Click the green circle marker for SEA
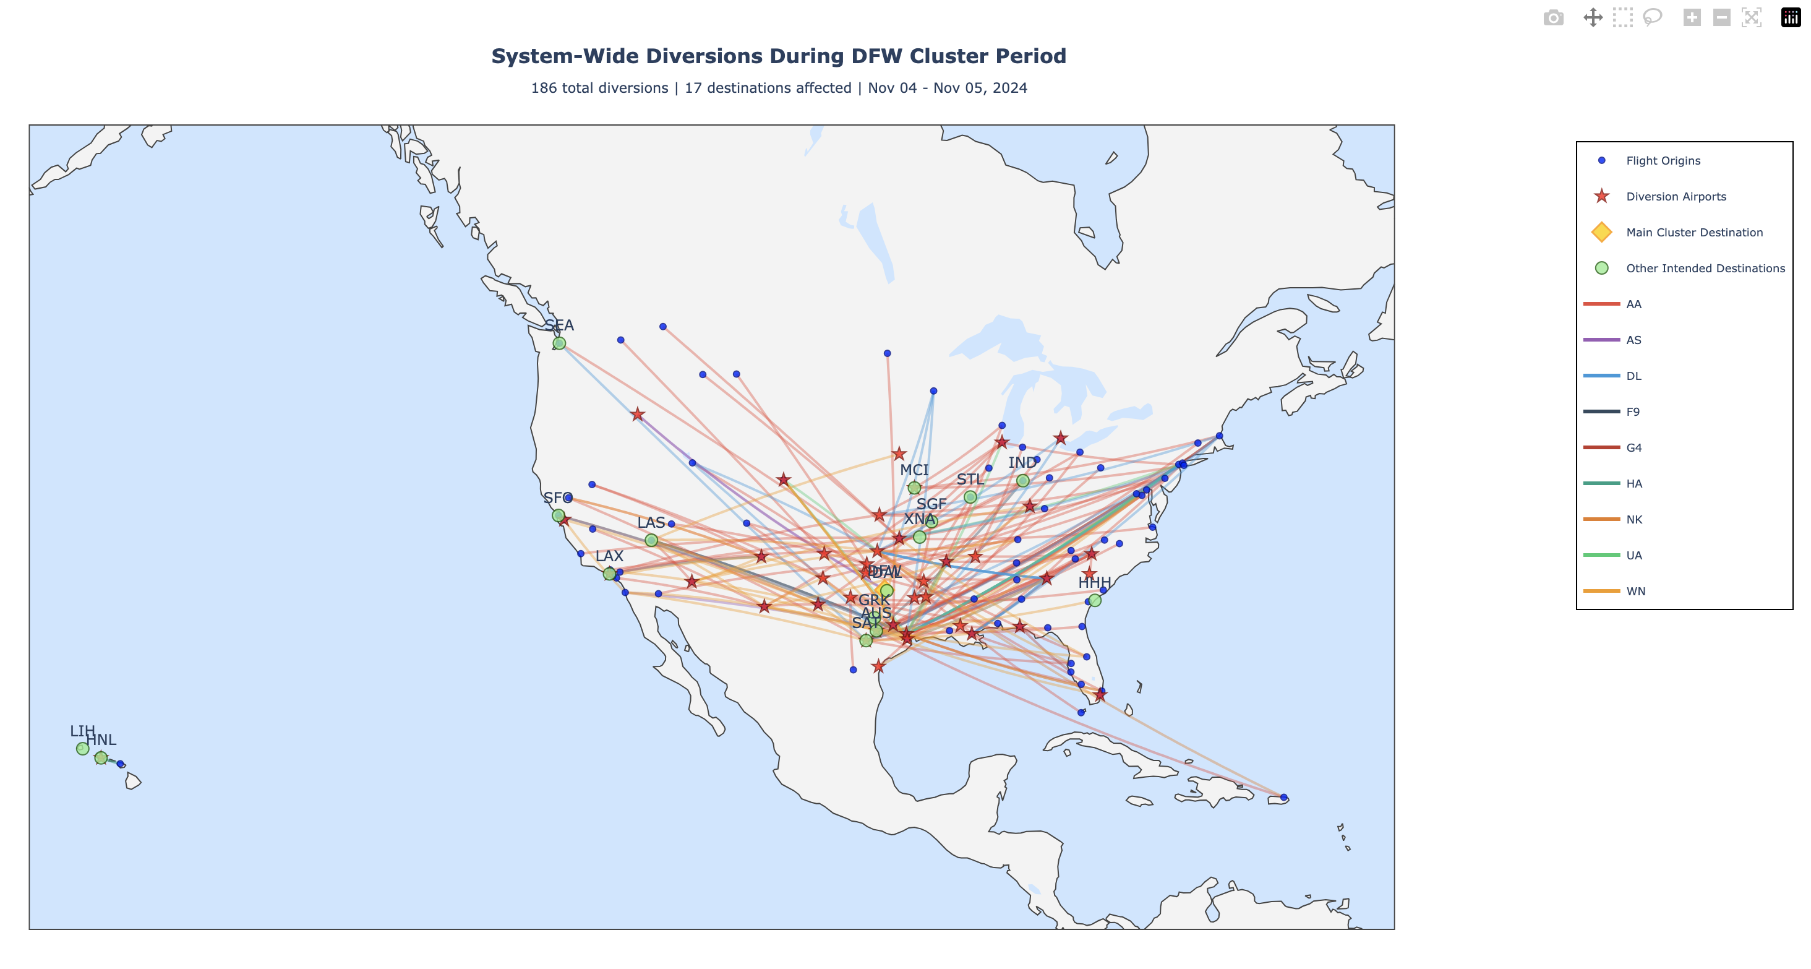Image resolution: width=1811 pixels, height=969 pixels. [559, 343]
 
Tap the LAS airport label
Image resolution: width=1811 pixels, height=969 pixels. [651, 522]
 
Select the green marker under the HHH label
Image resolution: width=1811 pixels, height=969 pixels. [1095, 601]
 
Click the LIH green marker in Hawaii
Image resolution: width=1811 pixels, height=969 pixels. [83, 748]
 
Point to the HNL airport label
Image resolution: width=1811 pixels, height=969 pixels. [102, 740]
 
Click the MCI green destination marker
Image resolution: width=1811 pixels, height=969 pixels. [914, 488]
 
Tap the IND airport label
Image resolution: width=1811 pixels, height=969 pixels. [1022, 463]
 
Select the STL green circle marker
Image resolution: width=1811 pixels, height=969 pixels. [970, 497]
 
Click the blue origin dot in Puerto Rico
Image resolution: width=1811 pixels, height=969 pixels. [1284, 798]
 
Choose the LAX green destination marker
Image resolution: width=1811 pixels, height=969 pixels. [609, 574]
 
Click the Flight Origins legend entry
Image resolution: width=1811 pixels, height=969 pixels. [1663, 160]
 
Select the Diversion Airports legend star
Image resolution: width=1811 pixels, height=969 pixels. [1602, 196]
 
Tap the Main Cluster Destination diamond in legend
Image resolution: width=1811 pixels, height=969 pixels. [1602, 232]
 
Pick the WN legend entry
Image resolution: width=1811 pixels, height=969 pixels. [1635, 592]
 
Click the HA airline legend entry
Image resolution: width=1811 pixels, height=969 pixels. [1634, 484]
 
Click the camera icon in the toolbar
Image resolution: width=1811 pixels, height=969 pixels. [1554, 17]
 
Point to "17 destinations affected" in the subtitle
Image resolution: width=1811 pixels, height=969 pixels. [768, 88]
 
